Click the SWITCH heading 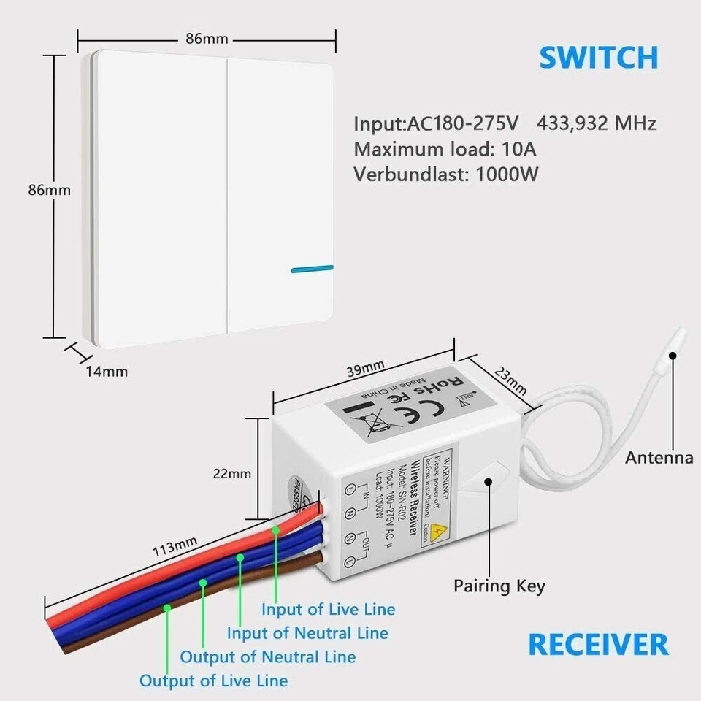pyautogui.click(x=598, y=58)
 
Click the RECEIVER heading pyautogui.click(x=598, y=645)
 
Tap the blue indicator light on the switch pyautogui.click(x=312, y=269)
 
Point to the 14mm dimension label pyautogui.click(x=107, y=371)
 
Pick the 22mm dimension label pyautogui.click(x=231, y=473)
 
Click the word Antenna pyautogui.click(x=659, y=458)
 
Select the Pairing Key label pyautogui.click(x=499, y=586)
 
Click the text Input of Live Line pyautogui.click(x=329, y=609)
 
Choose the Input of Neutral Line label pyautogui.click(x=307, y=633)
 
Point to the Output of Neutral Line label pyautogui.click(x=268, y=657)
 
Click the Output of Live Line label pyautogui.click(x=213, y=681)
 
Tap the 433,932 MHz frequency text pyautogui.click(x=597, y=123)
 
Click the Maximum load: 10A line pyautogui.click(x=445, y=149)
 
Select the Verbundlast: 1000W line pyautogui.click(x=447, y=175)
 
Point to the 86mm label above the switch pyautogui.click(x=207, y=39)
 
